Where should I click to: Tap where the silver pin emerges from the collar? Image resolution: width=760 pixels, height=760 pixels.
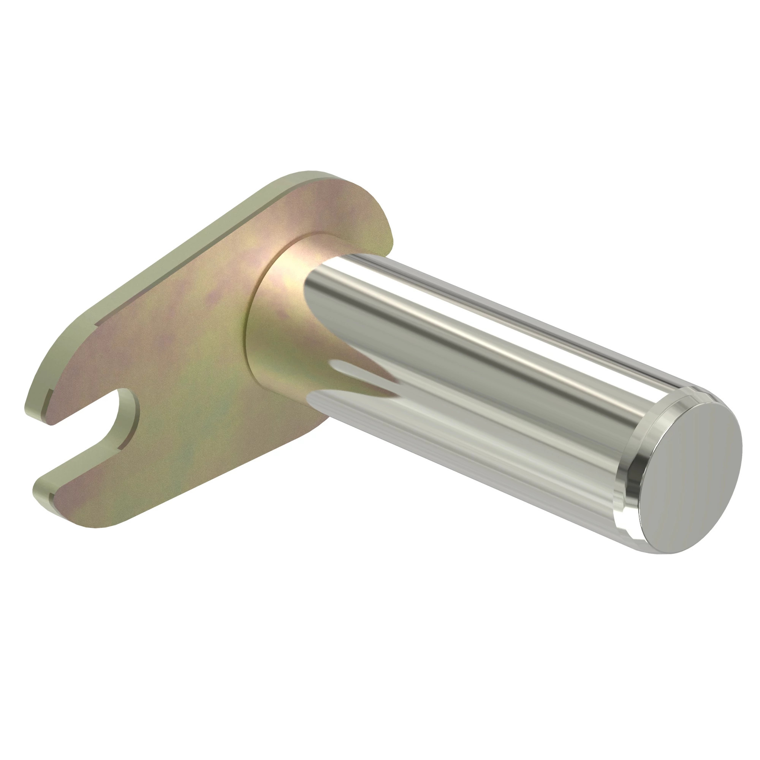click(x=315, y=283)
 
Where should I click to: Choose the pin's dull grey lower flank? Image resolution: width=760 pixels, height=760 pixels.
click(x=472, y=452)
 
